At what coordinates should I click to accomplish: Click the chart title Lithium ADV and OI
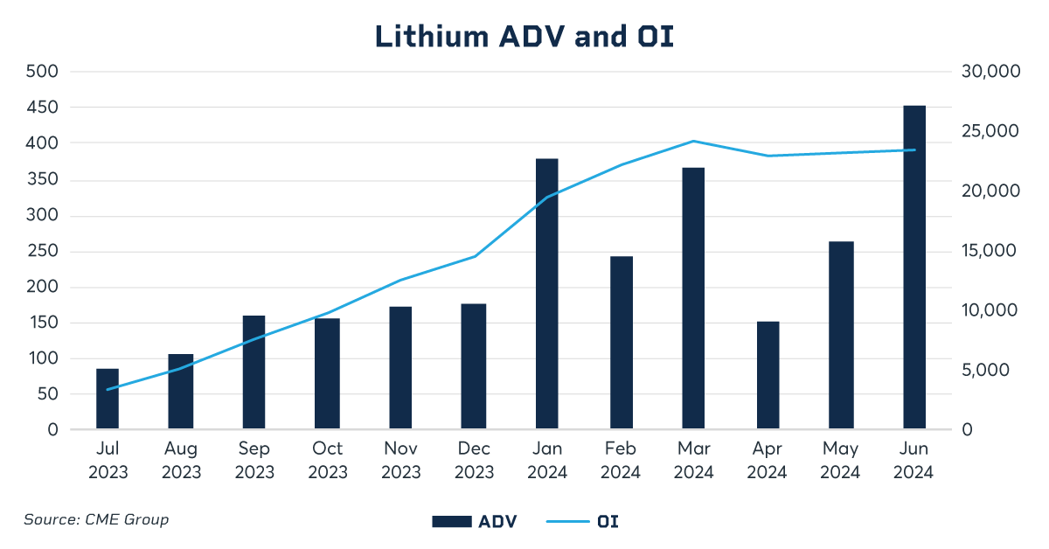click(x=524, y=36)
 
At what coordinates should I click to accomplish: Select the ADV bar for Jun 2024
click(x=914, y=268)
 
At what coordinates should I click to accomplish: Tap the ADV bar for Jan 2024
click(x=547, y=294)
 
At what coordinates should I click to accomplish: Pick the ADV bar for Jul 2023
click(x=108, y=399)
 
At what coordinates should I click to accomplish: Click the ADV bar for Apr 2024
click(x=768, y=375)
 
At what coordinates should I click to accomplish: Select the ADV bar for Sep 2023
click(x=254, y=372)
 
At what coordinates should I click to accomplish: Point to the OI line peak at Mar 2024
click(x=693, y=141)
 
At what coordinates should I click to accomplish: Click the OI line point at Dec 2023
click(x=474, y=256)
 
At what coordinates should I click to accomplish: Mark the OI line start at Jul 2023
click(x=108, y=389)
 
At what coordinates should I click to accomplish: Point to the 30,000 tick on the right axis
click(x=990, y=72)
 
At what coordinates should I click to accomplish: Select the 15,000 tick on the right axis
click(x=990, y=251)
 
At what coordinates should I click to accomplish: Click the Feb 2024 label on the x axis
click(x=621, y=461)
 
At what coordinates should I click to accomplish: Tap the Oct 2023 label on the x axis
click(x=328, y=461)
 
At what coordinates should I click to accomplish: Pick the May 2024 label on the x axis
click(x=840, y=461)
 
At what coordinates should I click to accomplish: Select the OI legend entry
click(x=583, y=522)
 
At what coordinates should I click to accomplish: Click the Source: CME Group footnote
click(x=96, y=519)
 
